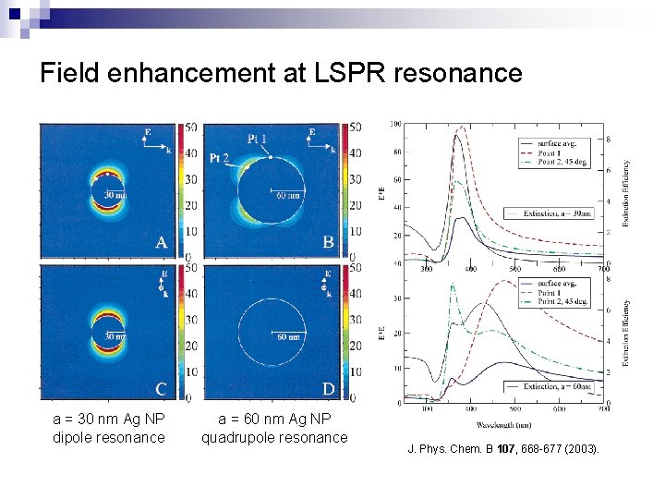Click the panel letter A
tap(162, 242)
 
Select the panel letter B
tap(328, 242)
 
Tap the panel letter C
tap(162, 387)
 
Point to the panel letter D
tap(328, 387)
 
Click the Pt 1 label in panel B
tap(258, 138)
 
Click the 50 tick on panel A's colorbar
tap(190, 127)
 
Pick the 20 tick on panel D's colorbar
tap(355, 346)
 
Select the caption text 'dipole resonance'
tap(109, 437)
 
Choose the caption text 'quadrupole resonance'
tap(274, 437)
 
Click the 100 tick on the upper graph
tap(394, 124)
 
